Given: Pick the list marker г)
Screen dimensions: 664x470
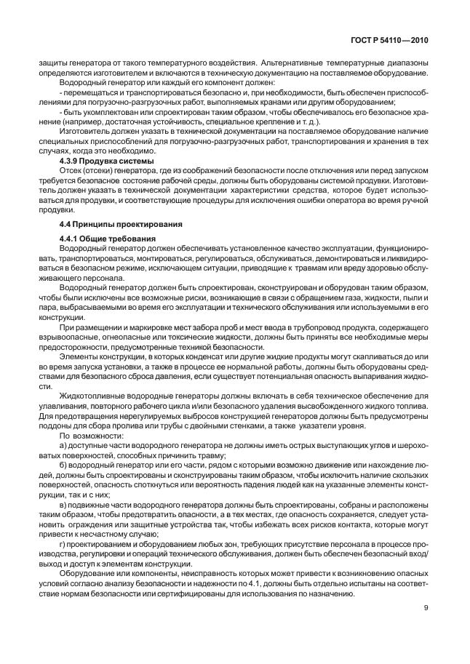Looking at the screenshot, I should pos(63,542).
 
